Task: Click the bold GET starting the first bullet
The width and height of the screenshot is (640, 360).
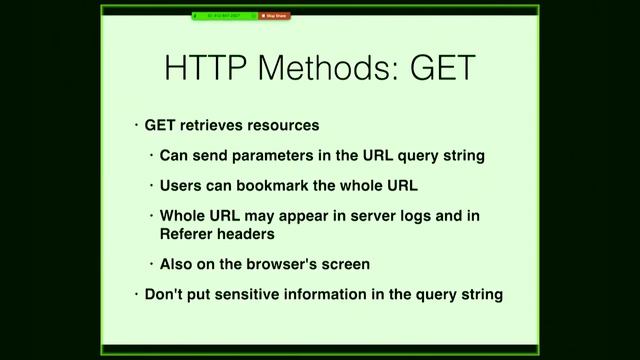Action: coord(161,127)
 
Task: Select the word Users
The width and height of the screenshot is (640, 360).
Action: coord(181,186)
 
